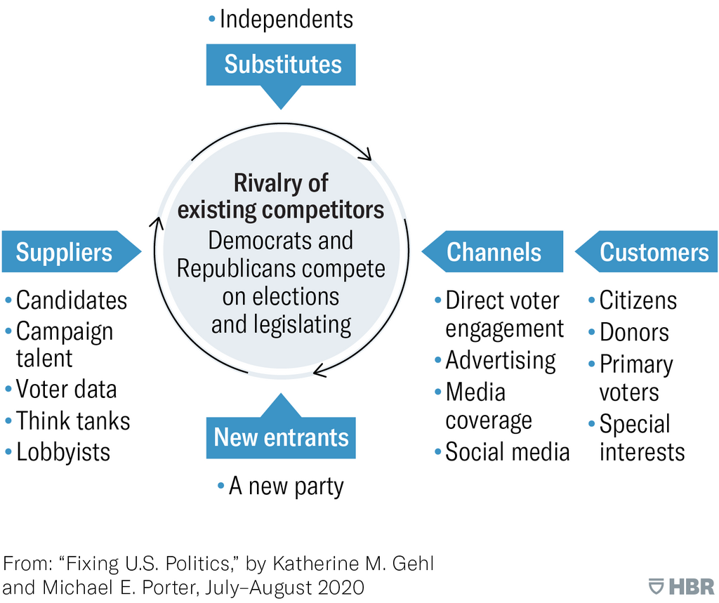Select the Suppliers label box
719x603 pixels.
(x=71, y=252)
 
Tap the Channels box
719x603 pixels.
(x=492, y=252)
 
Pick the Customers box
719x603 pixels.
(x=647, y=252)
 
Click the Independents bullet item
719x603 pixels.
(x=281, y=19)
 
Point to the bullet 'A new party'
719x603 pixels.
(x=281, y=486)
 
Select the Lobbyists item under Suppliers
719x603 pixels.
(x=58, y=452)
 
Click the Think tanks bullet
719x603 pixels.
(x=68, y=421)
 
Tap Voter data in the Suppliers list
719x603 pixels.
(x=61, y=390)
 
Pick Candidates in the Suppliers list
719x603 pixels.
(x=66, y=301)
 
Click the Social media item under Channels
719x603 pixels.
(x=502, y=452)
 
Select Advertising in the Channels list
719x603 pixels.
(x=495, y=361)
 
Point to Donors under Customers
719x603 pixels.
(x=628, y=333)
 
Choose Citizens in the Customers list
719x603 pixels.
(x=633, y=301)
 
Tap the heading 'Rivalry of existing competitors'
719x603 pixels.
(x=281, y=197)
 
